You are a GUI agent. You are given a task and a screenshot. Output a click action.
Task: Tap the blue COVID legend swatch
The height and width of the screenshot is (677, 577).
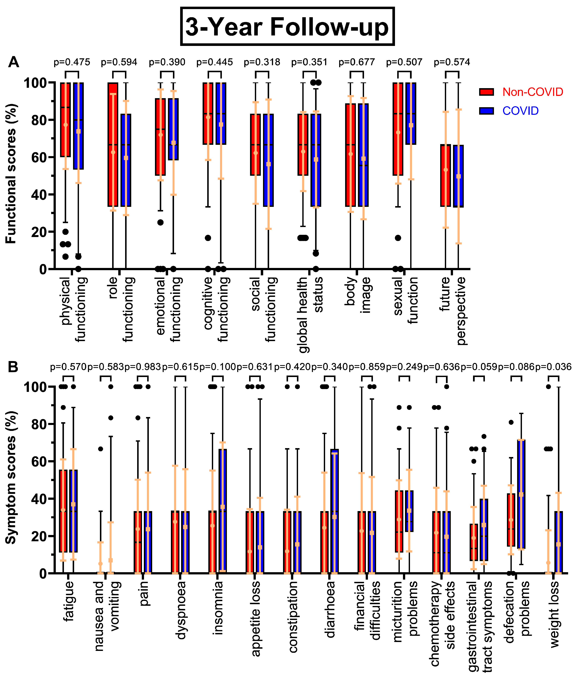click(x=486, y=111)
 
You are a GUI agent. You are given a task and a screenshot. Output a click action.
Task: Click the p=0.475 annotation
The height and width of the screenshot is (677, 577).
click(x=72, y=62)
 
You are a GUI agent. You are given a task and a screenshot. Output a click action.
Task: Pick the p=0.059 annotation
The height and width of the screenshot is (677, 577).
click(x=479, y=367)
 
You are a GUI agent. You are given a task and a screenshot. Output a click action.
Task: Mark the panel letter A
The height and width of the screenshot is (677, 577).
click(x=13, y=62)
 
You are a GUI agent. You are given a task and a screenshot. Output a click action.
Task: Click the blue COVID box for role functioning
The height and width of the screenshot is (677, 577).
click(x=126, y=160)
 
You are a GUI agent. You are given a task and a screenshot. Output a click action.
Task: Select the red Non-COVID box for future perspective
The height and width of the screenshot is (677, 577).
click(x=446, y=176)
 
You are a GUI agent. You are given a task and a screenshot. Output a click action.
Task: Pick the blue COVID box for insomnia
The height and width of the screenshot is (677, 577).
click(x=222, y=511)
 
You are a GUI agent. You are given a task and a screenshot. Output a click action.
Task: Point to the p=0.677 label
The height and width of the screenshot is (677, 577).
click(x=357, y=62)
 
